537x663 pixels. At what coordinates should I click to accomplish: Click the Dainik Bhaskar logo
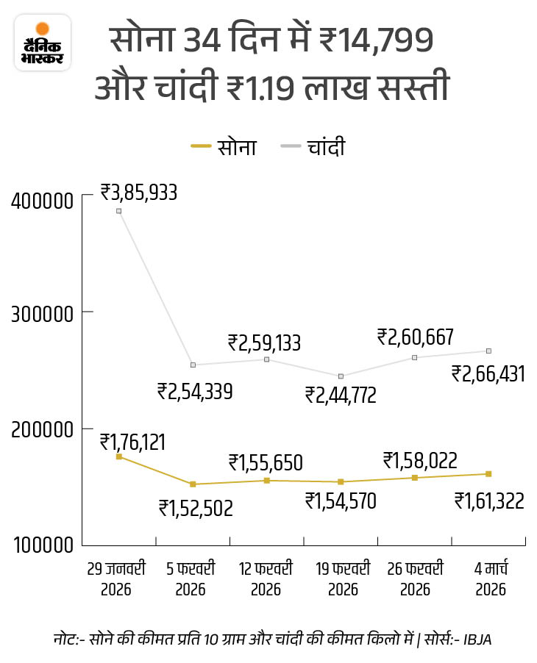click(x=43, y=43)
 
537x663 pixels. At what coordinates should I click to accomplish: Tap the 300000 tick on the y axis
click(x=43, y=313)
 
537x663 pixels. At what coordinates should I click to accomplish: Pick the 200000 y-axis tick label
click(x=43, y=429)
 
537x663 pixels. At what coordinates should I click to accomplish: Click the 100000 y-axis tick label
click(x=43, y=545)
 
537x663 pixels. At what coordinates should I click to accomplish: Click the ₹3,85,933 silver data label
click(x=139, y=193)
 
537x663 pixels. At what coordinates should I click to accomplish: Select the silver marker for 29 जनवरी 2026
click(x=119, y=211)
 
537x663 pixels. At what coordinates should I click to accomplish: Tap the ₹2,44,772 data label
click(x=341, y=395)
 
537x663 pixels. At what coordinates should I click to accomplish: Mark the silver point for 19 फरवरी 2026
click(x=341, y=376)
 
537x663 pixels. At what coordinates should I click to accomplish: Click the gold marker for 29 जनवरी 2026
click(x=119, y=456)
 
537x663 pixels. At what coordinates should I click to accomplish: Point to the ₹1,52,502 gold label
click(x=195, y=507)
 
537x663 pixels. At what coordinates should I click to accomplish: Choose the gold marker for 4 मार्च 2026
click(x=488, y=473)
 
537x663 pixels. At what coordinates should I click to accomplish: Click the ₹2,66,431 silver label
click(x=488, y=374)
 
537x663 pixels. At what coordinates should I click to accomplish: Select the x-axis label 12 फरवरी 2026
click(x=266, y=578)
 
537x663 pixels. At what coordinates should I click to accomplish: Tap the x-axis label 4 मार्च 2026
click(x=488, y=578)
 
